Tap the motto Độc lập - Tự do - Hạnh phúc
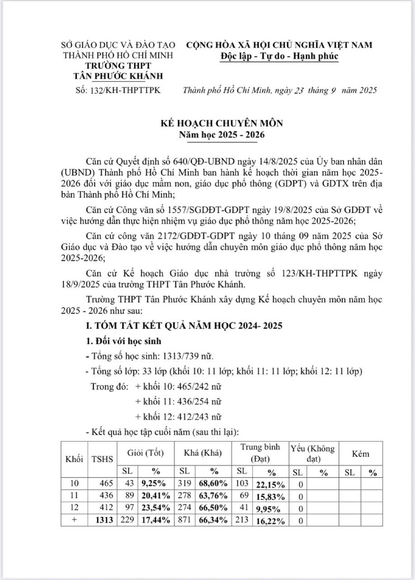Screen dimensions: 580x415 click(279, 56)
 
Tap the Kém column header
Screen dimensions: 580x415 click(360, 454)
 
